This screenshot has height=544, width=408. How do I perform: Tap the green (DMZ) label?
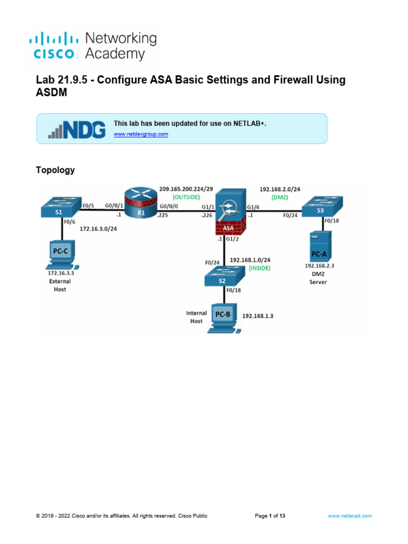click(x=279, y=197)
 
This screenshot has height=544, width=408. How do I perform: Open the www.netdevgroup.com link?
click(x=141, y=134)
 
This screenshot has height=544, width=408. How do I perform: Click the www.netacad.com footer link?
click(x=350, y=516)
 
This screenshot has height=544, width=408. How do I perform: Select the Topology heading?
click(x=55, y=170)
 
